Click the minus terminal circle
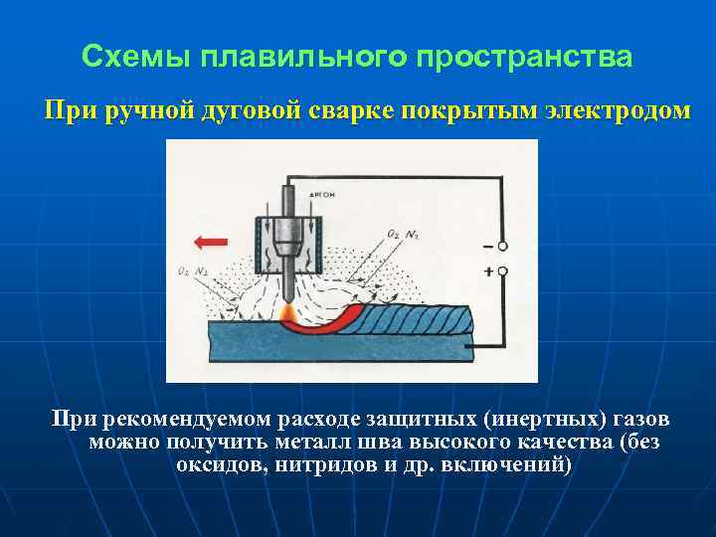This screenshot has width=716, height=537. [x=503, y=246]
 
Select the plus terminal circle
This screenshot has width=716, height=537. [x=503, y=269]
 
